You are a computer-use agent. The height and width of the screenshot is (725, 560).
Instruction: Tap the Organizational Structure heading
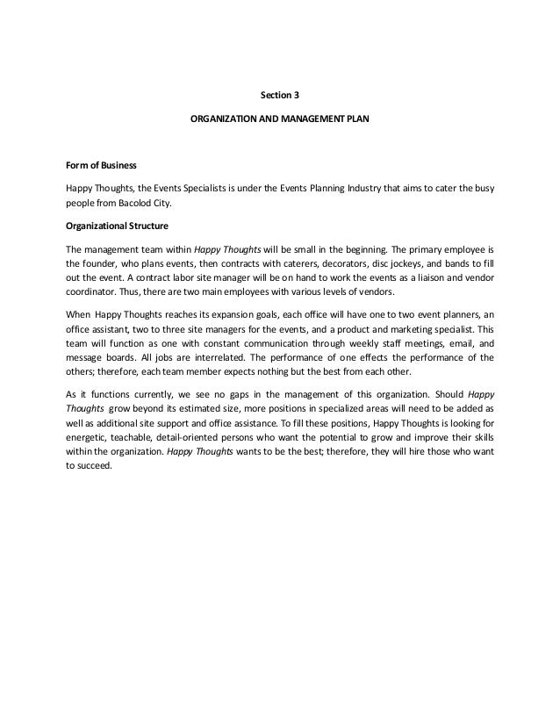pos(112,226)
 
